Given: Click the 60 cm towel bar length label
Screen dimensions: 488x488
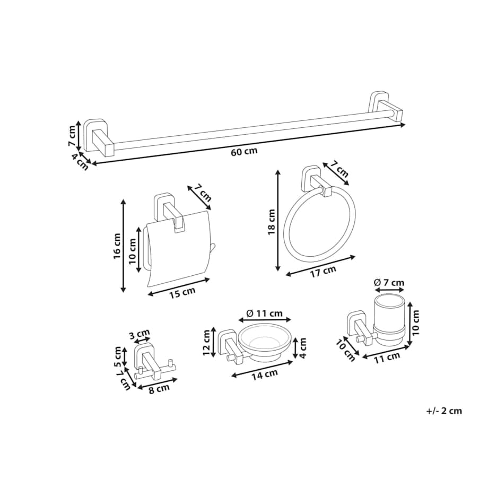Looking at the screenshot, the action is coord(245,152).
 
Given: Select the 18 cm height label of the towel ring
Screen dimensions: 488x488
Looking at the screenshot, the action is coord(272,222).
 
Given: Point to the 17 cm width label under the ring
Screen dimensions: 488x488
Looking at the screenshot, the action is coord(324,272).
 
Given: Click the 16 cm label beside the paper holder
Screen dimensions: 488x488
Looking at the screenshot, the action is coord(117,246).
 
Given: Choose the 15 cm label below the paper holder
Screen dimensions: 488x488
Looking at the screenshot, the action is coord(182,292).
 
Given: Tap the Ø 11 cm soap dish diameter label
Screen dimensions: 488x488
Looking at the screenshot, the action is coord(264,313).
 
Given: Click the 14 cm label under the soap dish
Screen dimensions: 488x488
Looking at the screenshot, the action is coord(265,374).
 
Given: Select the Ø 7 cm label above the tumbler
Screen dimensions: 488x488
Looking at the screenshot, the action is coord(389,283).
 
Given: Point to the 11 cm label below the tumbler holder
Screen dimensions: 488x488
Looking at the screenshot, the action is coord(387,358).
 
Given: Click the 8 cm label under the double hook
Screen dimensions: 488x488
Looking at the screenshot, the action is coord(159,389).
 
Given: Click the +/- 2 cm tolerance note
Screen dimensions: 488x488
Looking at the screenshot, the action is coord(444,411).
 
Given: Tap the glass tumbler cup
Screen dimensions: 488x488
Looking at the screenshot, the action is coord(389,320).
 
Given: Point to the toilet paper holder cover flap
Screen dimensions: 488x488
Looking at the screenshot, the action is coord(178,249).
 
